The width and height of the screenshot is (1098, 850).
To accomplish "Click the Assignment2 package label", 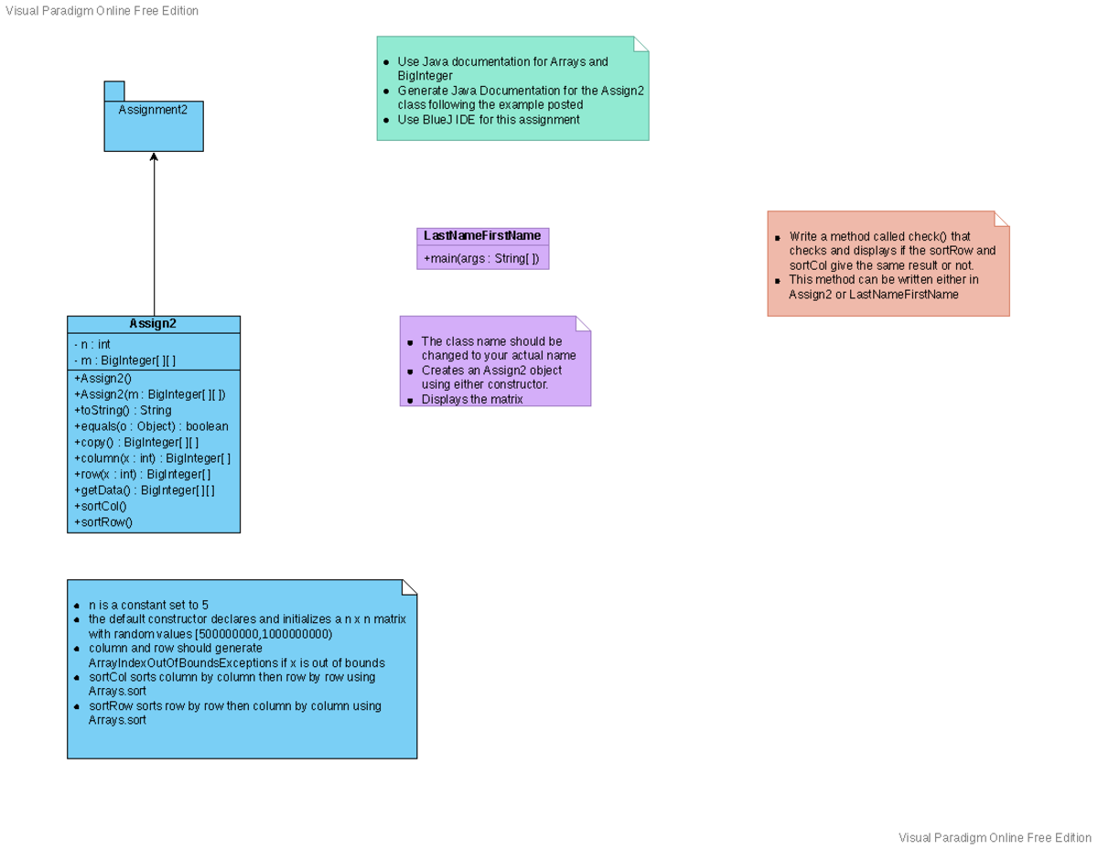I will [x=153, y=110].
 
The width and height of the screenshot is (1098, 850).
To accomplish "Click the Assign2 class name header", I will [x=153, y=324].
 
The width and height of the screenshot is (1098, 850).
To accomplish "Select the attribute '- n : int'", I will [x=91, y=345].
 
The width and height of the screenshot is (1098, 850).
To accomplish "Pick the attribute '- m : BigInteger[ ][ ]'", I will [x=124, y=361].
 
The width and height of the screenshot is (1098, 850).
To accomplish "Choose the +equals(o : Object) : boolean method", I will [x=151, y=426].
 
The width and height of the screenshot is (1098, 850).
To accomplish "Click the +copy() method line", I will [x=135, y=443].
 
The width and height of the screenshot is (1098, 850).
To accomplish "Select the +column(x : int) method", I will [x=152, y=458].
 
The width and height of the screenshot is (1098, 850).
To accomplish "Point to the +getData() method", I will [x=144, y=490].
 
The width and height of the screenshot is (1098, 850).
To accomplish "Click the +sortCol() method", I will [x=100, y=506].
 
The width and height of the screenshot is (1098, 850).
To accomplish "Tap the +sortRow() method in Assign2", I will [x=102, y=522].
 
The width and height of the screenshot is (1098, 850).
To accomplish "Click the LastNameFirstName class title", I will [x=482, y=236].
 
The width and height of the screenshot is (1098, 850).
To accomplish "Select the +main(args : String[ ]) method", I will [x=481, y=259].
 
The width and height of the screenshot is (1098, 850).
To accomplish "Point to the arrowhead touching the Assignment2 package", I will [x=154, y=157].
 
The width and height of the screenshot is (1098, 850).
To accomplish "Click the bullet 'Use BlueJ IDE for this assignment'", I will [x=489, y=120].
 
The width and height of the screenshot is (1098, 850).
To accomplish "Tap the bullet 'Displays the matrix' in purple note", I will [x=472, y=400].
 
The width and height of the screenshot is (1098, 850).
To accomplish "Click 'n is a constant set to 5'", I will [x=148, y=606].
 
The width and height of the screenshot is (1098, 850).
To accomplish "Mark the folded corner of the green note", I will [x=640, y=44].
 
